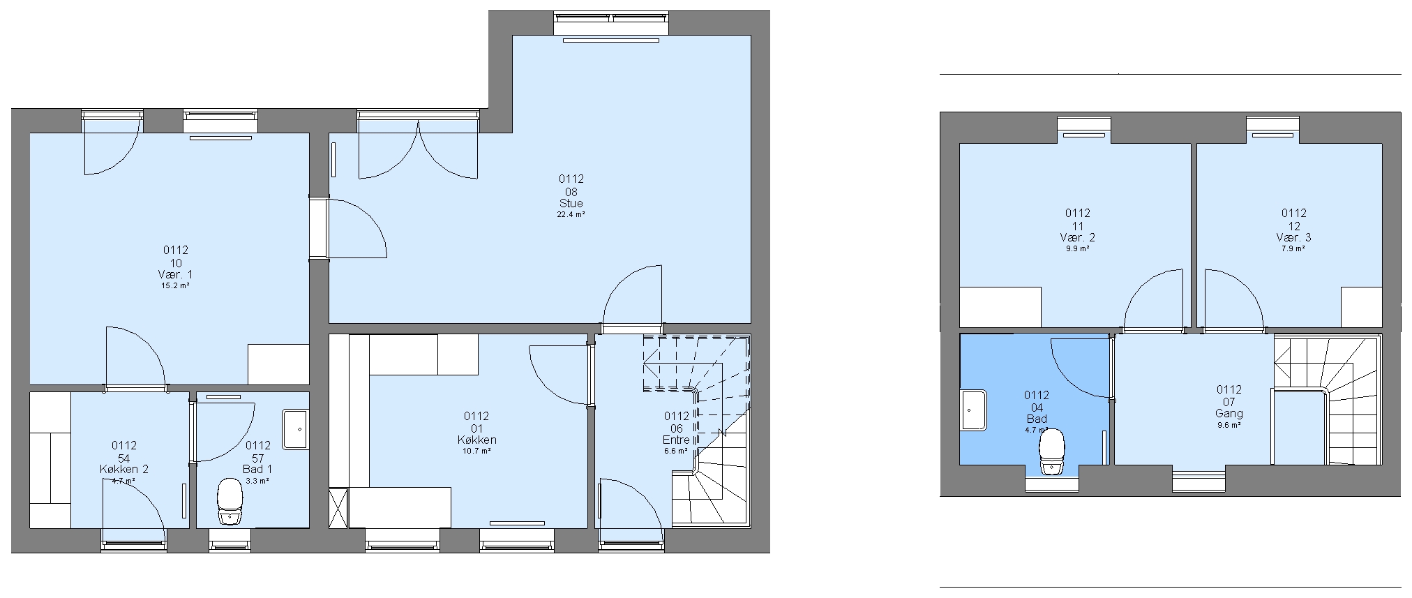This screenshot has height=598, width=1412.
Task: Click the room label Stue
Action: tap(571, 204)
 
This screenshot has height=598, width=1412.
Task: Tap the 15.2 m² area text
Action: tap(176, 285)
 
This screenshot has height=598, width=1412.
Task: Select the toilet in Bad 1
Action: tap(230, 501)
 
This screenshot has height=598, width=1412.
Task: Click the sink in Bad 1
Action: tap(294, 428)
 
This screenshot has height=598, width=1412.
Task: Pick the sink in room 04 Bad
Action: tap(973, 410)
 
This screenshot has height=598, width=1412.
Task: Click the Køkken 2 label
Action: tap(124, 470)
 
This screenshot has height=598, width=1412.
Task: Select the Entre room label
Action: tap(676, 440)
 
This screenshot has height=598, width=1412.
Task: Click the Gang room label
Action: tap(1229, 413)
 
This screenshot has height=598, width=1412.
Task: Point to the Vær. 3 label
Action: tap(1293, 237)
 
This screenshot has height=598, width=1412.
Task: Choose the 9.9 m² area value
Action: tap(1078, 248)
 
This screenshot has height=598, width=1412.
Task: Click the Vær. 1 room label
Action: tap(176, 274)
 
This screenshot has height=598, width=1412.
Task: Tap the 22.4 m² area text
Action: tap(571, 215)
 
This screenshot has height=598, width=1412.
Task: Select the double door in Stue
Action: tap(418, 150)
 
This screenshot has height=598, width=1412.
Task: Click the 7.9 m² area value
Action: tap(1293, 248)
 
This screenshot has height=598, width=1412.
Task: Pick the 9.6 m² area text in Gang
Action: tap(1229, 425)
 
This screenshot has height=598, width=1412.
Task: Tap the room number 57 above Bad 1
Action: tap(258, 458)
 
